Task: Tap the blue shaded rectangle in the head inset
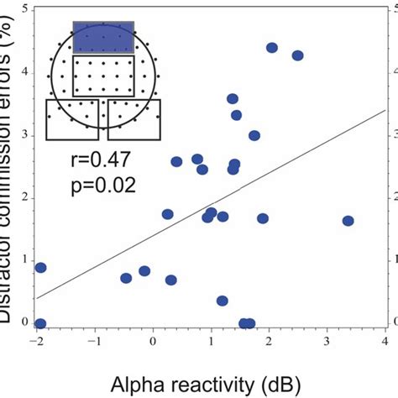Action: pyautogui.click(x=103, y=38)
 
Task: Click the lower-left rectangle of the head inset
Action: pyautogui.click(x=72, y=119)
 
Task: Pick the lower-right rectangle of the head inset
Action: pyautogui.click(x=134, y=119)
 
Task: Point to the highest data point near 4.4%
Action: pyautogui.click(x=272, y=48)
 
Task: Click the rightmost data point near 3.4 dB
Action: pyautogui.click(x=348, y=221)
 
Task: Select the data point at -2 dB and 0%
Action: pyautogui.click(x=40, y=323)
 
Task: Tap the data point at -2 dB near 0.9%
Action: pyautogui.click(x=40, y=268)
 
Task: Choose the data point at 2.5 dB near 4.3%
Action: pyautogui.click(x=297, y=55)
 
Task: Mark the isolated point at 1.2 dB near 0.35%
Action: pyautogui.click(x=223, y=301)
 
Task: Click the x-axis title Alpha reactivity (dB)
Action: pyautogui.click(x=207, y=383)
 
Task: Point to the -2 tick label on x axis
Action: pyautogui.click(x=36, y=343)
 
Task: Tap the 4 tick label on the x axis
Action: pyautogui.click(x=385, y=343)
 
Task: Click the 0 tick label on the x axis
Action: pyautogui.click(x=153, y=343)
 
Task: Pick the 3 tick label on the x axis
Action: pyautogui.click(x=327, y=343)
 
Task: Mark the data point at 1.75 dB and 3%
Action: pyautogui.click(x=254, y=135)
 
